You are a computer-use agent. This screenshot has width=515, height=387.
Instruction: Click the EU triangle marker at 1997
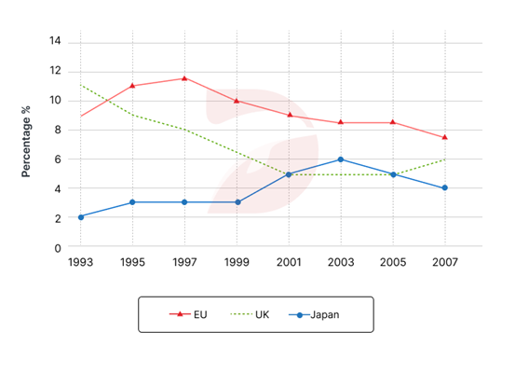click(184, 78)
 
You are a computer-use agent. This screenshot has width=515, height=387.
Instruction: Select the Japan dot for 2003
click(341, 159)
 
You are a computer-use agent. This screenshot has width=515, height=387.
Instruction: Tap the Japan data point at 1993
click(81, 217)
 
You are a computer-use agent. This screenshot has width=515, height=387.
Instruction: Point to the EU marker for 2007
click(445, 137)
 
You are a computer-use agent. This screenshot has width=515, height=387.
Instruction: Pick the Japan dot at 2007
click(445, 187)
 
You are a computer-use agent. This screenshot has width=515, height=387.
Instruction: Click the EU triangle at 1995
click(132, 86)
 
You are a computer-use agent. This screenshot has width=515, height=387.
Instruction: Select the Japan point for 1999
click(237, 202)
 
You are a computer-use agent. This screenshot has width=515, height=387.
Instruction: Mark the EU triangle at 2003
click(341, 122)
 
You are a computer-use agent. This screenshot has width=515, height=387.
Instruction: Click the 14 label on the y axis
click(55, 41)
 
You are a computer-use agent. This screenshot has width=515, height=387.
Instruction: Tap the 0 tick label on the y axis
click(58, 248)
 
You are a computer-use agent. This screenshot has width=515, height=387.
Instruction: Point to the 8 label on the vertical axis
click(58, 130)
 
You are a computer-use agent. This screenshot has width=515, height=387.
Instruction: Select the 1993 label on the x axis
click(80, 262)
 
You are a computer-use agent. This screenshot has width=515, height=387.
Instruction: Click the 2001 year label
click(289, 262)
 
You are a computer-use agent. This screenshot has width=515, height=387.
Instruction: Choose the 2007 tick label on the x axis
click(445, 262)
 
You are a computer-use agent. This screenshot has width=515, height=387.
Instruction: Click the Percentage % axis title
click(26, 142)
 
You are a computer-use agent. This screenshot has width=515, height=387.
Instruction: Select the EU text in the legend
click(200, 314)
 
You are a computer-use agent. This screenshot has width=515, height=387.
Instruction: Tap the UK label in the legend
click(262, 314)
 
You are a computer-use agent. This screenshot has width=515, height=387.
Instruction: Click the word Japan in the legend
click(325, 314)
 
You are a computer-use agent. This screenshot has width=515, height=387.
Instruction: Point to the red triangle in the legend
click(180, 314)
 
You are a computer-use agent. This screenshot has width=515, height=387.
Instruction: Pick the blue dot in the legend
click(300, 315)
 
